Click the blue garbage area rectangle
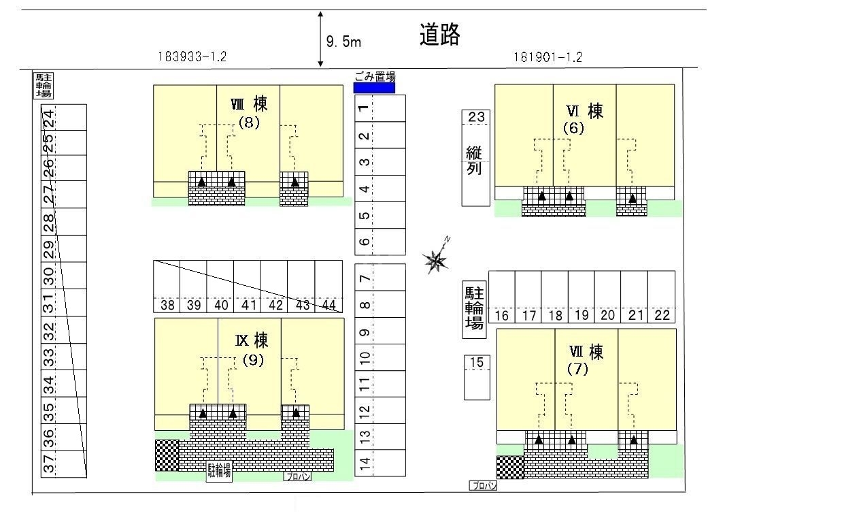pos(374,88)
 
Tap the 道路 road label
pos(439,35)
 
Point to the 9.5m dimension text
pos(343,42)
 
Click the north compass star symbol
pos(436,257)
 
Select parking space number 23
pos(476,116)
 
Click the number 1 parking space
pos(380,108)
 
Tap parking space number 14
pos(380,463)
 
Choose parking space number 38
pos(167,287)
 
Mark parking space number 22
pos(662,297)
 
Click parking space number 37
pos(64,463)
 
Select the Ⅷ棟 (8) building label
pos(249,113)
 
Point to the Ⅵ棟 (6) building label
pos(584,119)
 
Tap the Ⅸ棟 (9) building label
pos(252,349)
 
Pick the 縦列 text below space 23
pos(474,161)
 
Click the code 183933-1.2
pos(192,56)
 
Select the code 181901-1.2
pos(548,58)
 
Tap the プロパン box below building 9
pos(297,476)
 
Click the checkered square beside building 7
pos(510,467)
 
